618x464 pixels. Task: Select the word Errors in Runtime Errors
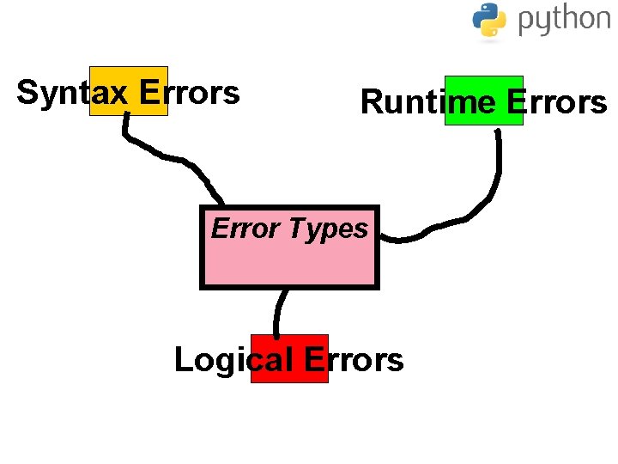click(557, 102)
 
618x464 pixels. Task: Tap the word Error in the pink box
click(245, 229)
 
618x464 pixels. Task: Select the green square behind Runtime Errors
click(483, 84)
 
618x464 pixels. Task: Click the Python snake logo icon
click(489, 20)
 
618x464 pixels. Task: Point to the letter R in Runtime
click(371, 102)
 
